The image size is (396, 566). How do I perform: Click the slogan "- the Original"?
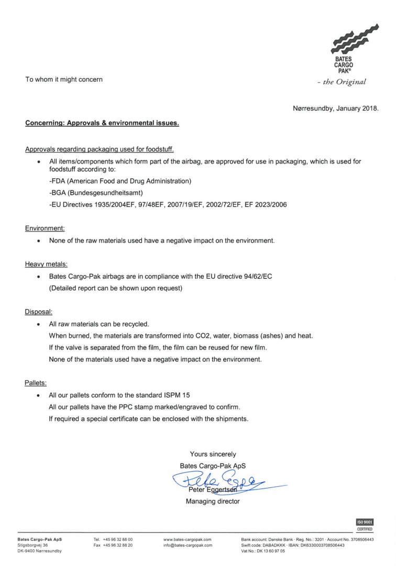pos(342,82)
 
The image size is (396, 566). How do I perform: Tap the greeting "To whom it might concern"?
pos(64,80)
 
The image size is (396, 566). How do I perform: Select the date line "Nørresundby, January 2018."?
pos(335,109)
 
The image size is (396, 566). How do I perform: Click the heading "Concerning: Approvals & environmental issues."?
pos(102,124)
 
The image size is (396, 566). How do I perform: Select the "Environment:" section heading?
pos(45,228)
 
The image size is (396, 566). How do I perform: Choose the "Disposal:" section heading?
pos(39,312)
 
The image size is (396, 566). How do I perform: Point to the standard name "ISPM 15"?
pos(183,395)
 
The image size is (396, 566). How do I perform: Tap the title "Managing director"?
pos(213,502)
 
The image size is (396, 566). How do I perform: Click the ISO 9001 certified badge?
pos(365,525)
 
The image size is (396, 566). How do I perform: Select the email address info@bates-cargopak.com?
pos(188,546)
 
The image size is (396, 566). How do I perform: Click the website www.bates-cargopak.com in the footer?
pos(187,539)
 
